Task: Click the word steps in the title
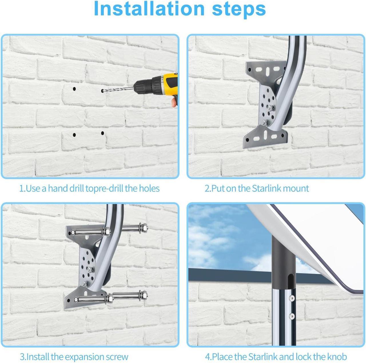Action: [x=239, y=9]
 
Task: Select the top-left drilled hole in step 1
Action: [x=74, y=89]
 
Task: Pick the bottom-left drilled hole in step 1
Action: [x=74, y=135]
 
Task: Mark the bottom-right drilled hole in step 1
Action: [x=103, y=133]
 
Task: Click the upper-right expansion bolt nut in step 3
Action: [x=144, y=227]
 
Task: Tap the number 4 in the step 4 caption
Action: [x=207, y=351]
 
